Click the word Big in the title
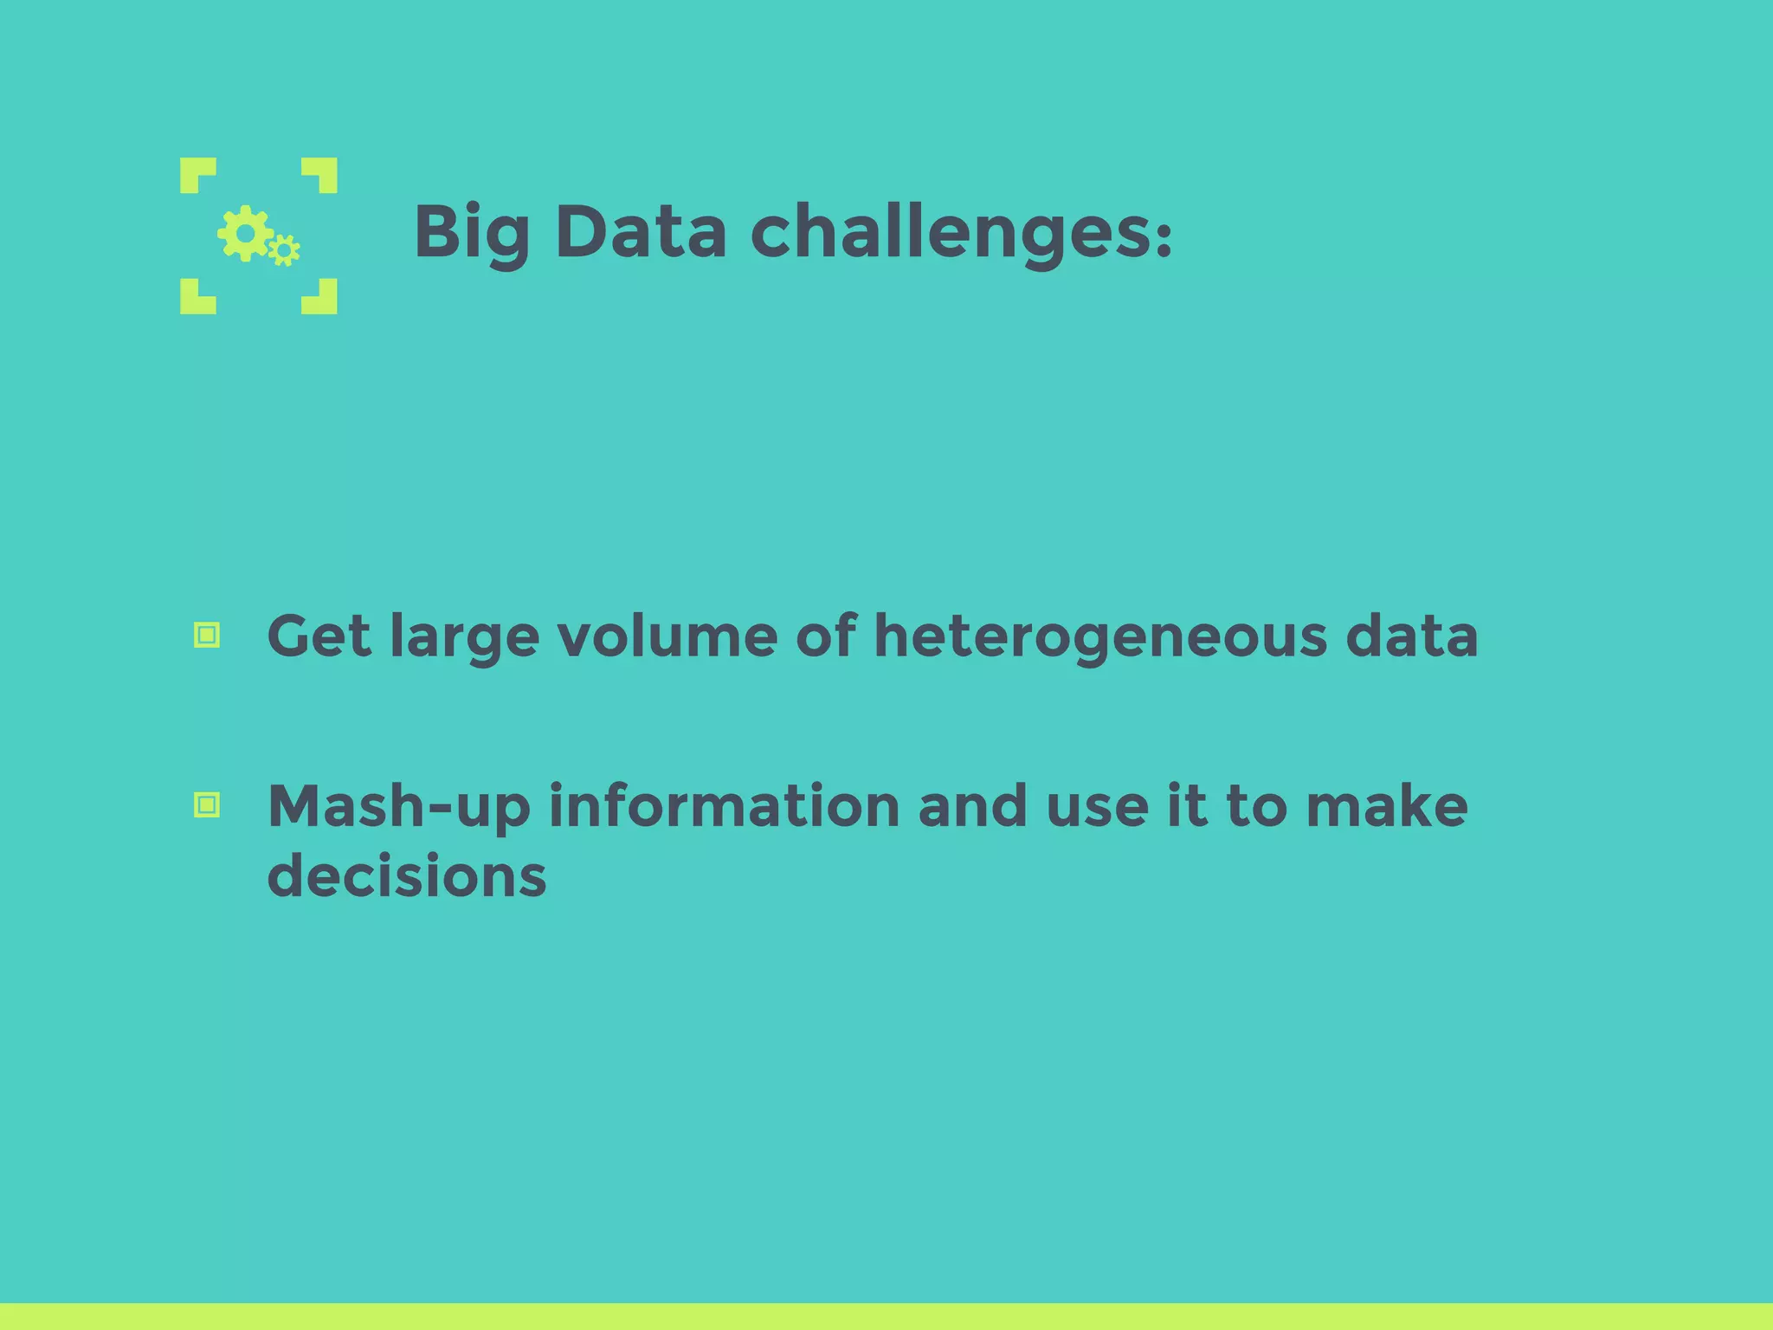click(471, 232)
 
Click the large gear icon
click(246, 233)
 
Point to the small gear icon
click(284, 251)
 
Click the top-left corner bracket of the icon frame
click(196, 173)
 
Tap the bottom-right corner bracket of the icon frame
click(322, 298)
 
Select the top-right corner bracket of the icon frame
click(322, 173)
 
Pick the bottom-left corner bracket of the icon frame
click(196, 298)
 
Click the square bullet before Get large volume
click(207, 636)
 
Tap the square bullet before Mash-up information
click(207, 805)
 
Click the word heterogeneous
click(1100, 636)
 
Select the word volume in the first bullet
click(667, 636)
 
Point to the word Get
click(319, 636)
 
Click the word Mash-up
click(399, 807)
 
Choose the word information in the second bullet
click(725, 806)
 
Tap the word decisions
click(407, 875)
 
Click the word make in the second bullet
click(1387, 806)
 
